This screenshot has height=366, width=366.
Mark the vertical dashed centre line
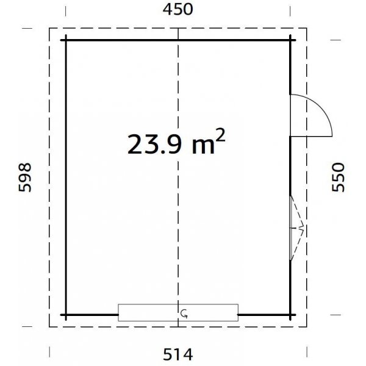click(178, 183)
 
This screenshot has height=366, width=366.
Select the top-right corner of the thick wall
click(290, 40)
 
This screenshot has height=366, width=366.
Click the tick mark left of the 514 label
click(49, 352)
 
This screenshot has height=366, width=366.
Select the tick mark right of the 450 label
click(290, 11)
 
